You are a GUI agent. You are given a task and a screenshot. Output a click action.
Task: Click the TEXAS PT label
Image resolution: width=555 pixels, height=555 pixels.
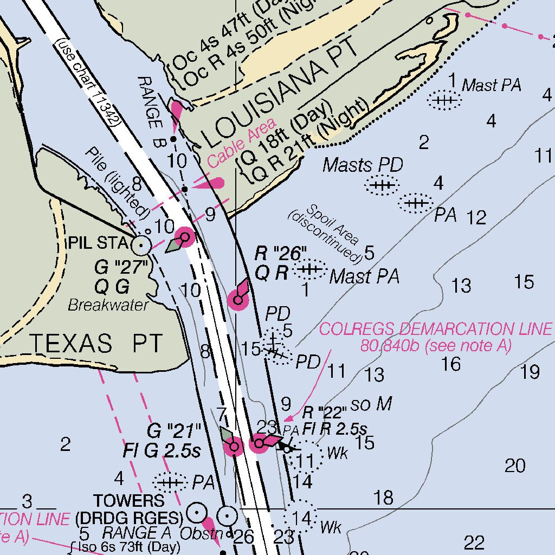(95, 344)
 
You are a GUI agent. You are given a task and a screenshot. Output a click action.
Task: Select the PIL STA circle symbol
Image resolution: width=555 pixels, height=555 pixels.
(141, 246)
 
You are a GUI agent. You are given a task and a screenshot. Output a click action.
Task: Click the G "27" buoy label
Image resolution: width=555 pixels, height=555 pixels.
(121, 267)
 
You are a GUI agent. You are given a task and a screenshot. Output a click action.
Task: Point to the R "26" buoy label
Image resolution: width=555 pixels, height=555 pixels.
(281, 254)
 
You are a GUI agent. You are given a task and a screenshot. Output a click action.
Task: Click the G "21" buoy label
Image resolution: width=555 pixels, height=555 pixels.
(174, 431)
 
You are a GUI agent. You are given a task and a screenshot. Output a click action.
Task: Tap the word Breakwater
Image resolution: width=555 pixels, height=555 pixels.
(108, 305)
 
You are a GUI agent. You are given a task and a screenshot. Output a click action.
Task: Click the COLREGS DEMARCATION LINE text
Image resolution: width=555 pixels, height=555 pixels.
(436, 329)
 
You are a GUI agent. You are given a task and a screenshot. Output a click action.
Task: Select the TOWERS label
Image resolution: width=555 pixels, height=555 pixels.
(128, 500)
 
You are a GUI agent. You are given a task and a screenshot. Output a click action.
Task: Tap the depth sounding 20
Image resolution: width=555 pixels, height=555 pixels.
(515, 465)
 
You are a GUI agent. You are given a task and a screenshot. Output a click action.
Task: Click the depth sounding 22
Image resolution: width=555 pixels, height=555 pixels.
(474, 542)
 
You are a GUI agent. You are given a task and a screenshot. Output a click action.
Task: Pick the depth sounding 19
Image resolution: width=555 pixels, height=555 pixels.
(530, 372)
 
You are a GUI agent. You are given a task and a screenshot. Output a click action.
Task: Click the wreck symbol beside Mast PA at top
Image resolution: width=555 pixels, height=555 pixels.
(444, 100)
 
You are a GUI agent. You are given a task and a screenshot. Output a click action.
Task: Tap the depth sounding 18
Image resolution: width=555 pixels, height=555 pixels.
(383, 497)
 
